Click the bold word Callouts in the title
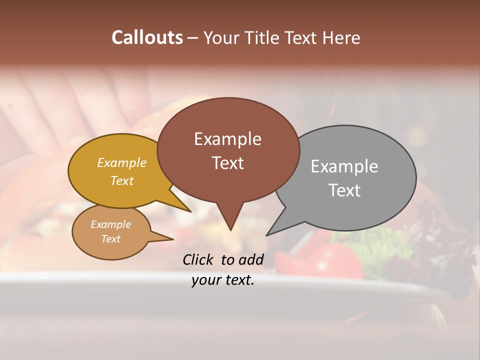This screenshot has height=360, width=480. pyautogui.click(x=147, y=37)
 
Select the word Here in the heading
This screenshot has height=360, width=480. pyautogui.click(x=341, y=37)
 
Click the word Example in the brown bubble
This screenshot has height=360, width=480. pyautogui.click(x=227, y=139)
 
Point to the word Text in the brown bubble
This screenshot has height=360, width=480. pyautogui.click(x=227, y=163)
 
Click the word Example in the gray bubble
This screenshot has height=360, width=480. pyautogui.click(x=344, y=166)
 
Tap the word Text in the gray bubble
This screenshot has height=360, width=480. pyautogui.click(x=344, y=190)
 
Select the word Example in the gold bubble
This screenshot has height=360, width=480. pyautogui.click(x=121, y=163)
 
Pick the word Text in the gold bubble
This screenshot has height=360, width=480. pyautogui.click(x=121, y=180)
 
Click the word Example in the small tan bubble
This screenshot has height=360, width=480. pyautogui.click(x=110, y=224)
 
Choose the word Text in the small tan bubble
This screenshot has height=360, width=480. pyautogui.click(x=110, y=239)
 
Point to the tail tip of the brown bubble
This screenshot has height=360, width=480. pyautogui.click(x=230, y=229)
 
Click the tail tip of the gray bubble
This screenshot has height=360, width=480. pyautogui.click(x=267, y=235)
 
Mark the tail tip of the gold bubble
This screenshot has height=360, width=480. pyautogui.click(x=190, y=211)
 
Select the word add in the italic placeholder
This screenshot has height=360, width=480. pyautogui.click(x=251, y=259)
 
